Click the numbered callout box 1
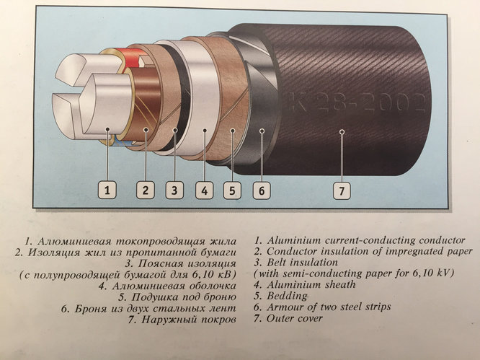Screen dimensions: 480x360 pos(107,190)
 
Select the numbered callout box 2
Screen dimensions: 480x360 pos(145,190)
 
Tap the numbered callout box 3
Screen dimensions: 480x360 pos(174,190)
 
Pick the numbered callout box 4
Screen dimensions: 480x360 pos(205,190)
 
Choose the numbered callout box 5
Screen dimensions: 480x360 pos(232,190)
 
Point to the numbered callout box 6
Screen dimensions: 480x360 pos(262,190)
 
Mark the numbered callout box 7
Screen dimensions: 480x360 pos(342,190)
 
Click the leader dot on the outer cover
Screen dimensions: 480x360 pos(342,132)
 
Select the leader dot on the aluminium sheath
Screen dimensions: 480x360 pos(205,131)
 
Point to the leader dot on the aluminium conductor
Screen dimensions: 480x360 pos(107,129)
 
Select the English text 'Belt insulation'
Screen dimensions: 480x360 pos(303,263)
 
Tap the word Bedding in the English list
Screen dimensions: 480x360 pos(287,297)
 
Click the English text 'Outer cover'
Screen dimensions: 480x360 pos(295,318)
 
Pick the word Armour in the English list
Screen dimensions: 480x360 pos(285,307)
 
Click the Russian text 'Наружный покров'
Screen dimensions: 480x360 pos(189,320)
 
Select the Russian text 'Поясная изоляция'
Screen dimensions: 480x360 pos(187,264)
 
